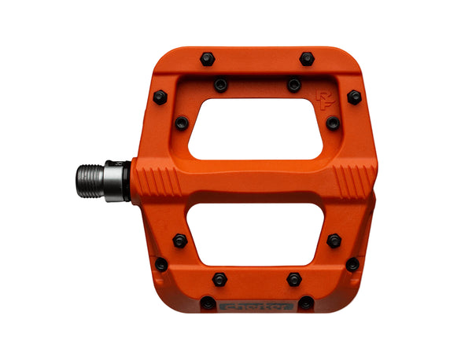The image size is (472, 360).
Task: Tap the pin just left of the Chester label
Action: pyautogui.click(x=208, y=302)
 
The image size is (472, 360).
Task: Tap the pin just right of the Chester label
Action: pyautogui.click(x=305, y=303)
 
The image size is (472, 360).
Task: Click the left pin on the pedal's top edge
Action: pyautogui.click(x=208, y=59)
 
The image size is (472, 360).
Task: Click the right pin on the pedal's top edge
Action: pyautogui.click(x=306, y=58)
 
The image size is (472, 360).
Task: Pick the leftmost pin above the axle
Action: pyautogui.click(x=160, y=97)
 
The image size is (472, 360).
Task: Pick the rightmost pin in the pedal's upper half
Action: pyautogui.click(x=354, y=97)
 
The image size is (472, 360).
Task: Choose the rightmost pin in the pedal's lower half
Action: pyautogui.click(x=352, y=264)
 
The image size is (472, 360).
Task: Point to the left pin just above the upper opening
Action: pyautogui.click(x=219, y=84)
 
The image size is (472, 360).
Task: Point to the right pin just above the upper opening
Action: pyautogui.click(x=293, y=84)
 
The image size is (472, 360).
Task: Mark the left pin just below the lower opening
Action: pyautogui.click(x=219, y=279)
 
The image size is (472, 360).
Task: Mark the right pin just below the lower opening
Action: pyautogui.click(x=293, y=279)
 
